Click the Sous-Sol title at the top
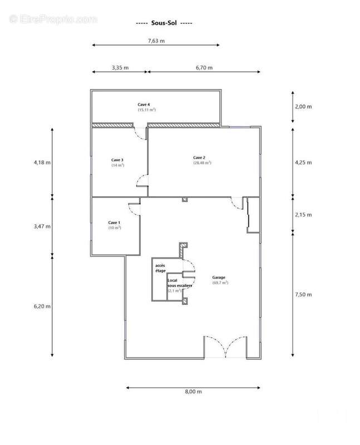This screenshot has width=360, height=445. coord(164,23)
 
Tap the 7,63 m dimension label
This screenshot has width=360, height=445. coord(156,41)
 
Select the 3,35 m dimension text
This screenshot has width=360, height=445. coord(120,67)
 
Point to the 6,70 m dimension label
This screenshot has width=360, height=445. coord(204,67)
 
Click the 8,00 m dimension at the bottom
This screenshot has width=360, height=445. coord(193,392)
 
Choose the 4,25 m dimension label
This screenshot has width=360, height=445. coord(303,162)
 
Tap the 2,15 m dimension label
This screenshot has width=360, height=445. coord(303,214)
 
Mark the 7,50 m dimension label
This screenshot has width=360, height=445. coord(303,294)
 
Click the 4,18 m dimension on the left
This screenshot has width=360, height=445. coord(42,162)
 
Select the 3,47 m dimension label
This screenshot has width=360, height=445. coord(42,226)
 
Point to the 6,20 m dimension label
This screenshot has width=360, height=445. coord(42,306)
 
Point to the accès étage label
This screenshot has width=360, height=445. coord(160,269)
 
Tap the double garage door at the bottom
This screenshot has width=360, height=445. coord(225,347)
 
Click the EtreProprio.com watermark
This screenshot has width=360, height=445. coord(53,19)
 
